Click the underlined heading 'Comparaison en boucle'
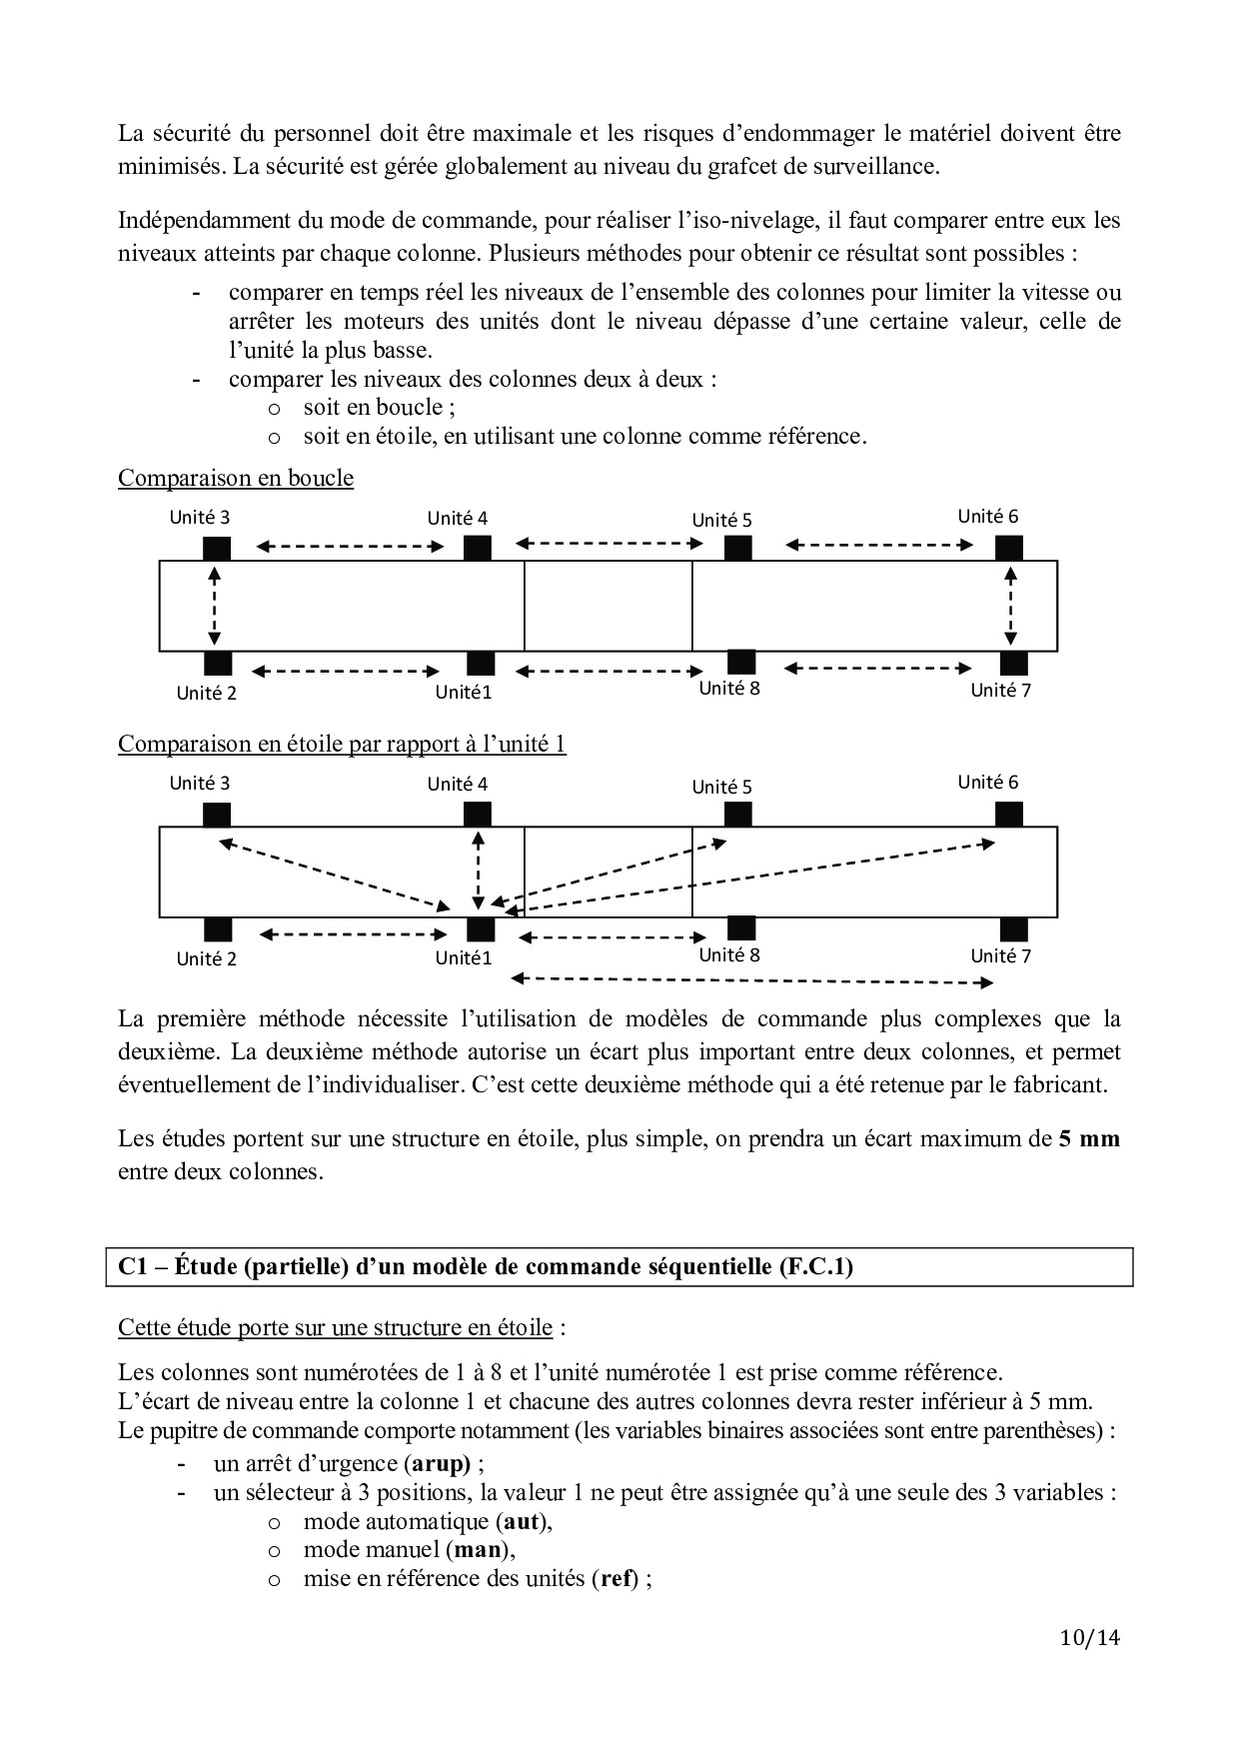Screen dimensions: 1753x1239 236,478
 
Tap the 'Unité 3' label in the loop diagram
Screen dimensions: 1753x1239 200,517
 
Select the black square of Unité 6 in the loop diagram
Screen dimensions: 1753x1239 1008,547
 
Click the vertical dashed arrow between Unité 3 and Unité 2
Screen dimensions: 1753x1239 214,606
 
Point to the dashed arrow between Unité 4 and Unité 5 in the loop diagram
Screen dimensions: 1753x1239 610,544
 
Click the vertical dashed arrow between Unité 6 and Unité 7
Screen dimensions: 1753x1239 1011,606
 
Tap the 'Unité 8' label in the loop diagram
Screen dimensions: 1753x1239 729,688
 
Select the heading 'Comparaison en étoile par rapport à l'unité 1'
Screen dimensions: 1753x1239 342,745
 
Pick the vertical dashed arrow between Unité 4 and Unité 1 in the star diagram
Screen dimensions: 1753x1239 480,866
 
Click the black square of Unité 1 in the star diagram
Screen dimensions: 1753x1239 481,929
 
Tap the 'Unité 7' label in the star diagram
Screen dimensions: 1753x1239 1000,955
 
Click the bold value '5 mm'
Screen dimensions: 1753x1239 1089,1138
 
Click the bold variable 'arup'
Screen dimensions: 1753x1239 438,1464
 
